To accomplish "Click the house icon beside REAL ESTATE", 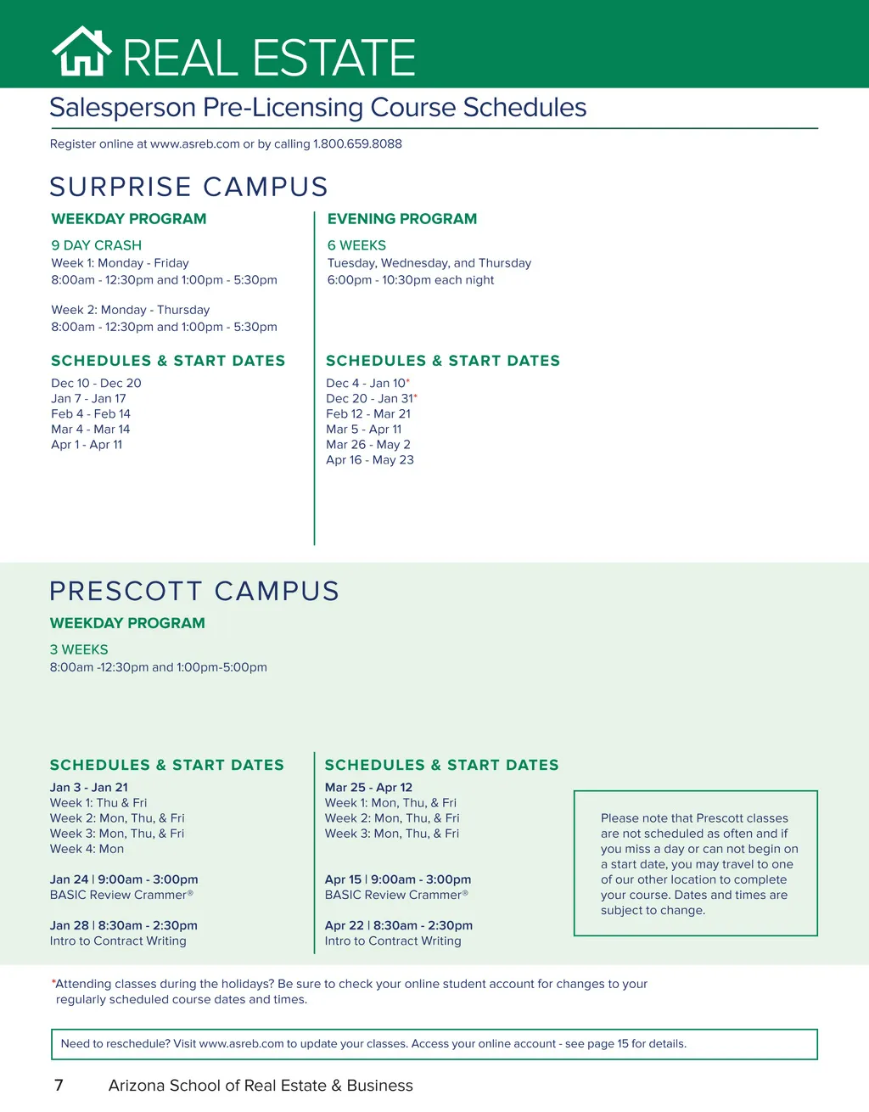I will click(81, 53).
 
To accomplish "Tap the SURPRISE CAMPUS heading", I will click(188, 187).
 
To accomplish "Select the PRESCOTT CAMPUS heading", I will click(194, 591).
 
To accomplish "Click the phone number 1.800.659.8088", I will click(357, 144).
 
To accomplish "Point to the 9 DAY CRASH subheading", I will click(96, 245).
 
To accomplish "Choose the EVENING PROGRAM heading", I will click(402, 219).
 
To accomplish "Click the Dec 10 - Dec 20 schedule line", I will click(96, 384).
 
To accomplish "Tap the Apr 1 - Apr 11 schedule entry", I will click(87, 445).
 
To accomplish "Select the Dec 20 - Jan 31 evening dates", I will click(370, 399).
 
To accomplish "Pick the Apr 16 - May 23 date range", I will click(370, 460).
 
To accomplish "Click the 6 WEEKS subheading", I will click(356, 245).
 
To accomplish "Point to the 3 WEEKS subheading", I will click(79, 650).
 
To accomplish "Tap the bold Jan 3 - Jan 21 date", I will click(89, 788).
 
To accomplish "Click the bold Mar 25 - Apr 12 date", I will click(368, 788).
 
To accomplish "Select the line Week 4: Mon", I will click(87, 849).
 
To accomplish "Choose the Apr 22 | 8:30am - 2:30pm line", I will click(398, 925).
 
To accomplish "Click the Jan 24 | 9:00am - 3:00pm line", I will click(124, 879).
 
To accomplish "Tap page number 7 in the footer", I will click(59, 1086).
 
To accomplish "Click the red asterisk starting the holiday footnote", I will click(53, 982).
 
